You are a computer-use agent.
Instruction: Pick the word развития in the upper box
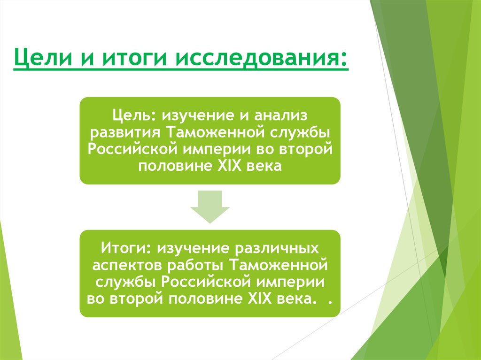(x=125, y=132)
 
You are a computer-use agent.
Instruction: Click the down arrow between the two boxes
(x=210, y=207)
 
